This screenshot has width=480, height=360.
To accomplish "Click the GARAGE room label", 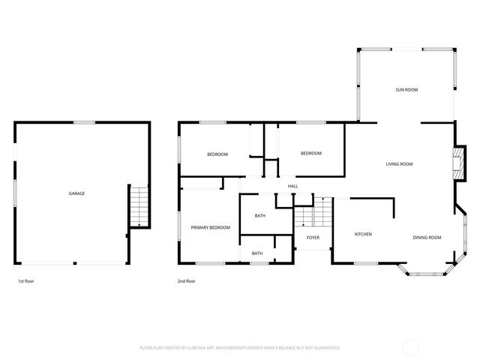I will [76, 193].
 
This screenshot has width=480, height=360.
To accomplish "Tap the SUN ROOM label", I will [406, 90].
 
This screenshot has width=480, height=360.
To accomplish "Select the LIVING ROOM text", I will [399, 163].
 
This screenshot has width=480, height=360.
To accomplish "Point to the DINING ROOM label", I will [427, 238].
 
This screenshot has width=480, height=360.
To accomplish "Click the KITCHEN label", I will [363, 234].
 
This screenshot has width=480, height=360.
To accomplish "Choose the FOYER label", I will [313, 238].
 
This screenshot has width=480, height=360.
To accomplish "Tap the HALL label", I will [292, 186].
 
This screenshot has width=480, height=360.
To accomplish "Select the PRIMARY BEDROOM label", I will [210, 227].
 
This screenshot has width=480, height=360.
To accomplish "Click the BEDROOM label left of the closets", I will [217, 154].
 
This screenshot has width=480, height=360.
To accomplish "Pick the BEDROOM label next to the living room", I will [310, 153].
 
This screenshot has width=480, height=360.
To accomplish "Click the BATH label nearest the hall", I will [259, 216].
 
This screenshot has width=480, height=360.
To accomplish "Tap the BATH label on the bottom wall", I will [257, 253].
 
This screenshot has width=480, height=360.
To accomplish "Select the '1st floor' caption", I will [26, 281].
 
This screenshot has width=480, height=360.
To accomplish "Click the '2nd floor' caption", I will [186, 281].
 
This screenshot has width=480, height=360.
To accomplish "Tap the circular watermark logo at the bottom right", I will [411, 347].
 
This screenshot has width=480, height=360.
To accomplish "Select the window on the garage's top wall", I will [84, 122].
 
